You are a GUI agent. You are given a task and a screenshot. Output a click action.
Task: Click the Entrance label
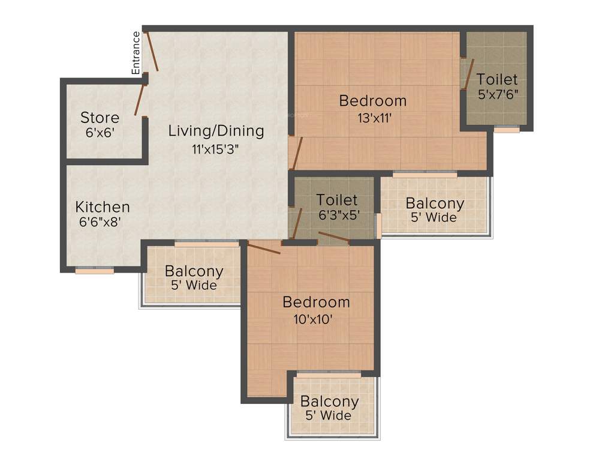click(x=136, y=53)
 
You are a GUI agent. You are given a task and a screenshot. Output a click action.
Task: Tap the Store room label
click(x=100, y=118)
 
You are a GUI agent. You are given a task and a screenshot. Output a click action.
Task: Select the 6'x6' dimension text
click(x=100, y=133)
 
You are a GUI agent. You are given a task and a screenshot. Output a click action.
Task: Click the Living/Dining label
click(x=216, y=130)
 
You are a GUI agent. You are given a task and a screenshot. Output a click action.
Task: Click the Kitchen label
click(x=103, y=207)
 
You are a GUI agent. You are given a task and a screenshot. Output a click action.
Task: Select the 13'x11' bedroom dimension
click(x=373, y=119)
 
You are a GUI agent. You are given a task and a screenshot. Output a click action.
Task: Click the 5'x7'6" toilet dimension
click(x=498, y=94)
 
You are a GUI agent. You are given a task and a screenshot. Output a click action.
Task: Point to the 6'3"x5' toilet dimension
click(x=339, y=215)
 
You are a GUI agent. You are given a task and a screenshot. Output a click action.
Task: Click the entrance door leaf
click(x=153, y=52)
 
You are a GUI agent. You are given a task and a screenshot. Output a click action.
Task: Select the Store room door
click(x=141, y=99)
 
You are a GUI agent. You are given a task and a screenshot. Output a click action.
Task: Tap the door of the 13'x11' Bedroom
click(x=297, y=153)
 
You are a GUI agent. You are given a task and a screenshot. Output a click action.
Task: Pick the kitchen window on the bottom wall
click(x=95, y=271)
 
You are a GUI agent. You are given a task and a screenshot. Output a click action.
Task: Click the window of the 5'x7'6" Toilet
click(x=507, y=129)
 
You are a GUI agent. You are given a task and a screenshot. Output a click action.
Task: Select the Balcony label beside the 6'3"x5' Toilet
click(x=435, y=203)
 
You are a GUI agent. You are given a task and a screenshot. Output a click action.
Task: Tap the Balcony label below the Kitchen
click(x=194, y=271)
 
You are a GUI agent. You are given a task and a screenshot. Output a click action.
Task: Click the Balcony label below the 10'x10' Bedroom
click(x=329, y=402)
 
